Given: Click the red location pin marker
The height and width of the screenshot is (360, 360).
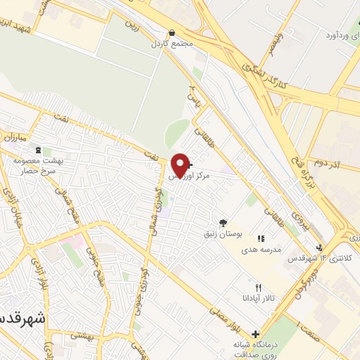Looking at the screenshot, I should coord(180,165).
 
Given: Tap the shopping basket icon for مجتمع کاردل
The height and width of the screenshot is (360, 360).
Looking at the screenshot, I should coord(173,32).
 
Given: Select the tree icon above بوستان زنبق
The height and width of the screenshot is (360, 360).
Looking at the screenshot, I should coord(223,222).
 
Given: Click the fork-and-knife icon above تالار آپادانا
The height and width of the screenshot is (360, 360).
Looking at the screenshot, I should coord(258,287).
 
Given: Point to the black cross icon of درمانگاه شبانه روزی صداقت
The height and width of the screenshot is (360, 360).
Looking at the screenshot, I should coord(255,334).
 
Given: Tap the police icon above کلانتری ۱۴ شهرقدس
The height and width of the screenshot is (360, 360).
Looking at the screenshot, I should coord(321,247).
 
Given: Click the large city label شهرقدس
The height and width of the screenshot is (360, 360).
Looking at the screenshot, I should coord(21,317).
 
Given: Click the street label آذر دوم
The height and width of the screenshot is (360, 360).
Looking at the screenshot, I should coord(326,162).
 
